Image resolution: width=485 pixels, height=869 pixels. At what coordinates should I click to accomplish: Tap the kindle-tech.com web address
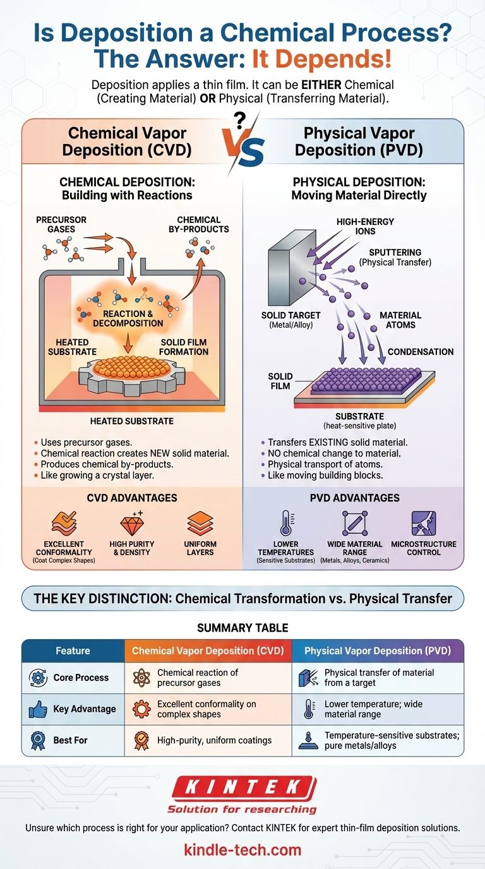(242, 849)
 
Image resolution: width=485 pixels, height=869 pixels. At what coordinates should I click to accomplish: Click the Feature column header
(73, 650)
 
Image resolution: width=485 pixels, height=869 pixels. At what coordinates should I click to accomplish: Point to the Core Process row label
(81, 678)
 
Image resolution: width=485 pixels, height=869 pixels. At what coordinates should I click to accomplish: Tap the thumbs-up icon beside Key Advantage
(38, 709)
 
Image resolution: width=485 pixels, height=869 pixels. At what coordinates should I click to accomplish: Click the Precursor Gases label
(61, 224)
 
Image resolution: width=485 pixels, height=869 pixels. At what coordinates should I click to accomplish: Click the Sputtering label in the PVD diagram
(395, 257)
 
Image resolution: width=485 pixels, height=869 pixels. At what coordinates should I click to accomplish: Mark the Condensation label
(420, 352)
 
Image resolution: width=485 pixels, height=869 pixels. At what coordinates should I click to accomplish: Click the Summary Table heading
(242, 628)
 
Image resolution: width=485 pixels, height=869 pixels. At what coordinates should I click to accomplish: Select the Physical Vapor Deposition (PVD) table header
(377, 650)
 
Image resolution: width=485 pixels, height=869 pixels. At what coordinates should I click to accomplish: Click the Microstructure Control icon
(423, 524)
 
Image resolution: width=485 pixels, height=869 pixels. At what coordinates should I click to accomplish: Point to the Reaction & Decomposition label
(128, 318)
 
